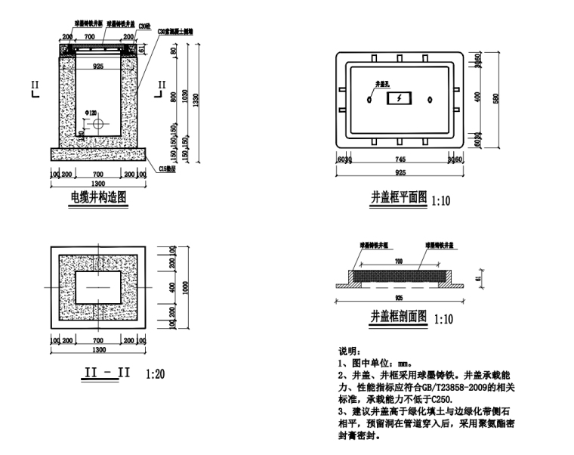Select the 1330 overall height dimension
196,99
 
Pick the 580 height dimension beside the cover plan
496,99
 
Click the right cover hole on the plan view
430,99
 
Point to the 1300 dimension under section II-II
97,350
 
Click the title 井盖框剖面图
399,317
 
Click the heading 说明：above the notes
350,351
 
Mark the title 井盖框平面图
399,200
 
